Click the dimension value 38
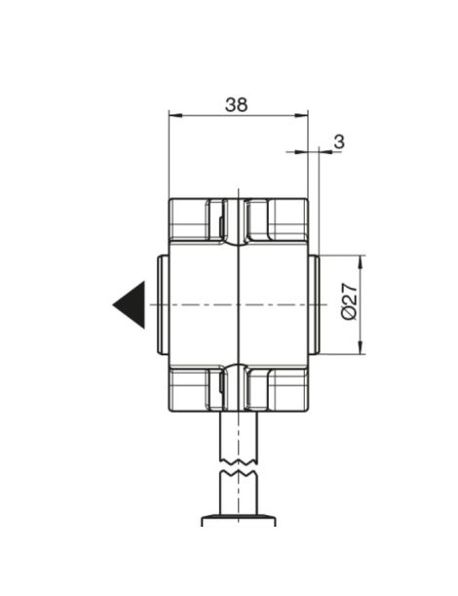click(x=236, y=104)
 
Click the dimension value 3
click(x=338, y=141)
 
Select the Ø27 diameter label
click(x=348, y=304)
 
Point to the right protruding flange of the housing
click(x=314, y=304)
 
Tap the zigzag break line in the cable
click(x=239, y=470)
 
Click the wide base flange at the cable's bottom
click(x=239, y=521)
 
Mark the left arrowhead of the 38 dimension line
click(x=174, y=115)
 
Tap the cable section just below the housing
click(x=239, y=434)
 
